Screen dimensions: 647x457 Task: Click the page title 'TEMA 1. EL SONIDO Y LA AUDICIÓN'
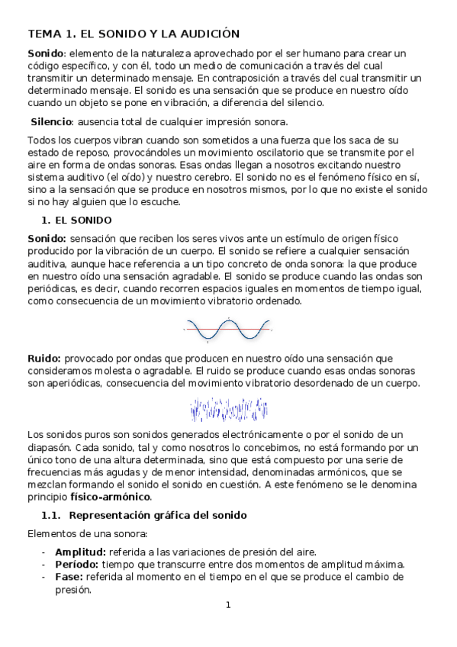tap(134, 34)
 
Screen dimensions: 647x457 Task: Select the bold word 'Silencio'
tap(51, 122)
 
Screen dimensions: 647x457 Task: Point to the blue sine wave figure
tap(227, 330)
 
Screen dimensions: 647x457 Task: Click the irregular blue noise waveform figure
tap(227, 410)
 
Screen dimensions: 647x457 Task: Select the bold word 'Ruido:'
tap(44, 358)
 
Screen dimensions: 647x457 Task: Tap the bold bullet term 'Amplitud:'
tap(81, 552)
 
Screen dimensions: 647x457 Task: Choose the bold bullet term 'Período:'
tap(79, 565)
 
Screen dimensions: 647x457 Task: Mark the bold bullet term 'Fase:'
tap(70, 577)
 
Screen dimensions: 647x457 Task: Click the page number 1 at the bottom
tap(227, 606)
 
